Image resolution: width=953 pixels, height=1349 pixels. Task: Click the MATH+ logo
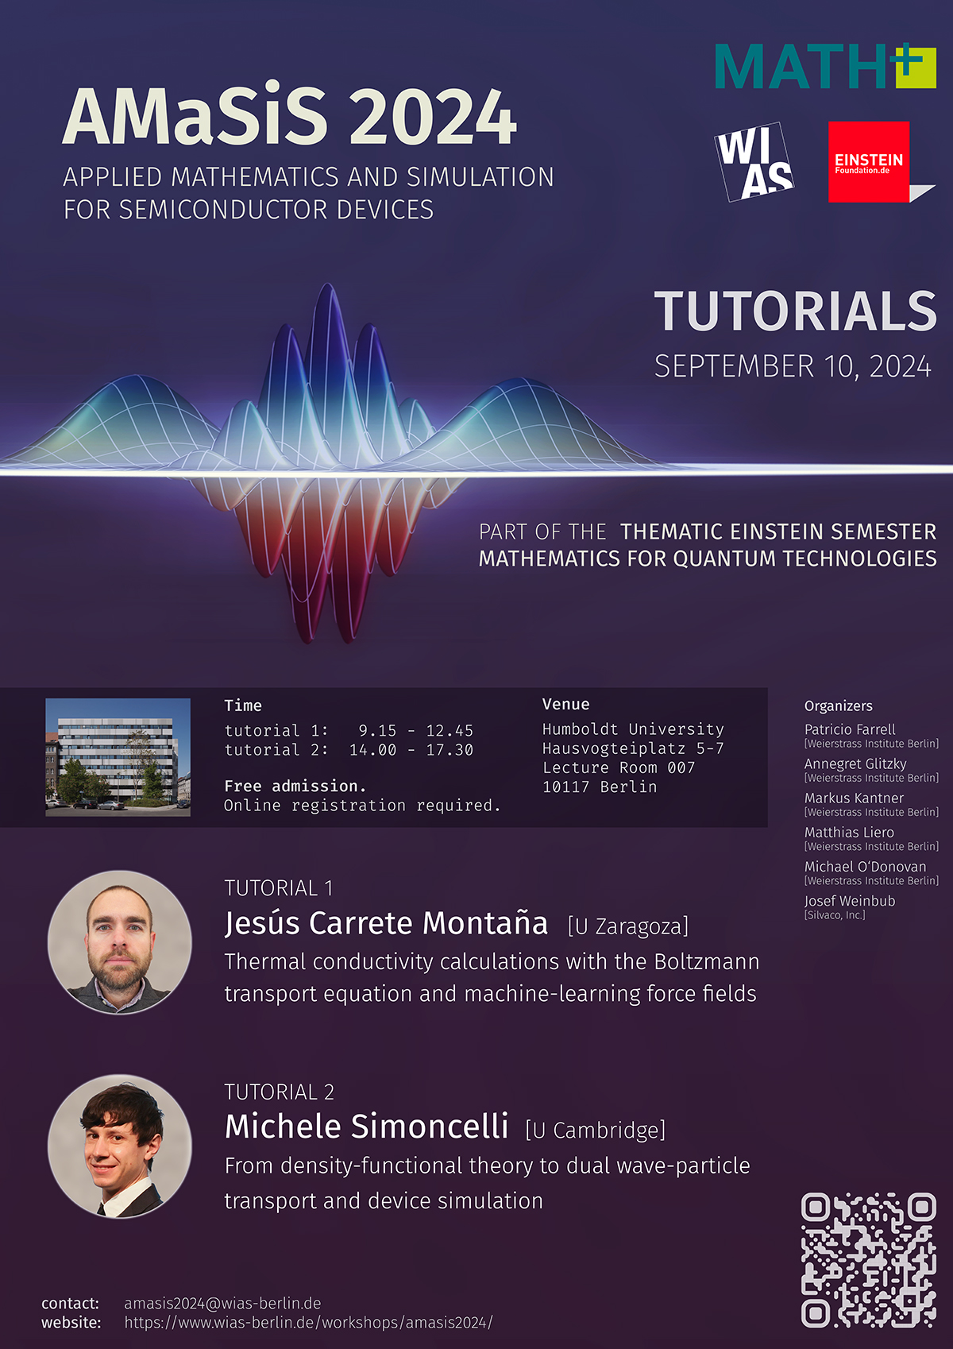click(x=825, y=66)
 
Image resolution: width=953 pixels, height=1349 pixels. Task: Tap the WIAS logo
click(x=754, y=161)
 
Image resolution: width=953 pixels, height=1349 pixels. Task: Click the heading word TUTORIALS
click(x=795, y=311)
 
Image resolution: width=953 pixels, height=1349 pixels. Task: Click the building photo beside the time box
click(x=118, y=757)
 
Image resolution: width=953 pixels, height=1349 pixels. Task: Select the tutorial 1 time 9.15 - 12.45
click(x=416, y=730)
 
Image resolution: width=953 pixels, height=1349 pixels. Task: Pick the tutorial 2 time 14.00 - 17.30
click(x=411, y=750)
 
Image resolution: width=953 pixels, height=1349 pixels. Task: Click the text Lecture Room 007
click(x=619, y=767)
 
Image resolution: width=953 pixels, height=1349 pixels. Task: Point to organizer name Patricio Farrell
click(x=850, y=729)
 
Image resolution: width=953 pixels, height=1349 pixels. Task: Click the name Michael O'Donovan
click(x=865, y=867)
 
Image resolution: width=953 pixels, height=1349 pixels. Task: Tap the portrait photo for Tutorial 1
click(x=120, y=942)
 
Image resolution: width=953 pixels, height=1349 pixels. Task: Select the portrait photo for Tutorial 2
click(x=120, y=1146)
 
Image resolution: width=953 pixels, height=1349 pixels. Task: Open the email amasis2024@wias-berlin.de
click(x=222, y=1303)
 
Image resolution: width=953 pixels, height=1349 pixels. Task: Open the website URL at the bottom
click(x=308, y=1323)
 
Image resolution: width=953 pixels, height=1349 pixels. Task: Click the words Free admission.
click(x=295, y=786)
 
